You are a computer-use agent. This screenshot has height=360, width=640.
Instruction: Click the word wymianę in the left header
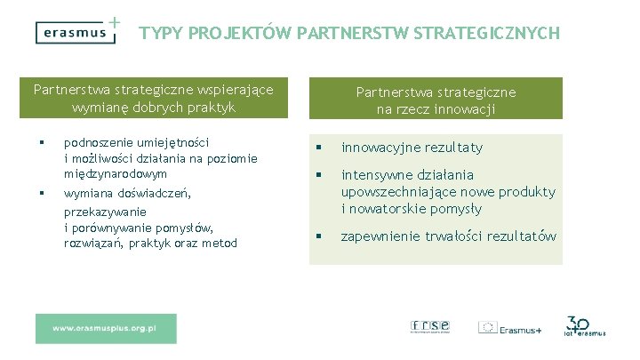pyautogui.click(x=98, y=107)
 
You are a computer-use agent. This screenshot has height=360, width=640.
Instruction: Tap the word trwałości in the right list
pyautogui.click(x=456, y=236)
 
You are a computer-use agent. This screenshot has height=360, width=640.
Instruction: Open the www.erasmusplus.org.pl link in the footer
pyautogui.click(x=105, y=328)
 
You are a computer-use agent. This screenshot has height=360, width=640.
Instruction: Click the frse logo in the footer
pyautogui.click(x=429, y=326)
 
